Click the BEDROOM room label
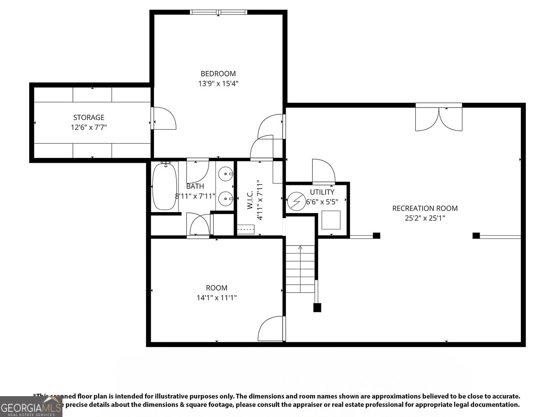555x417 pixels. coord(218,73)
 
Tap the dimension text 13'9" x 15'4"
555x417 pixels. coord(218,83)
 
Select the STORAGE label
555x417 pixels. coord(89,117)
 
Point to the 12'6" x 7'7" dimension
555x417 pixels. coord(89,127)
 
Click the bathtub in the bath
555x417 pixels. coord(164,186)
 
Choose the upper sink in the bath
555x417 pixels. coord(226,175)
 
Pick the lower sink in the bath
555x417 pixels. coord(226,198)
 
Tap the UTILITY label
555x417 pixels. coord(322,192)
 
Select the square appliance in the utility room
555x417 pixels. coord(331,220)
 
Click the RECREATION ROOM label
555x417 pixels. coord(425,208)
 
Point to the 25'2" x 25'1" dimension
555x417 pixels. coord(425,218)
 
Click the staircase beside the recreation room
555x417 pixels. coord(301,269)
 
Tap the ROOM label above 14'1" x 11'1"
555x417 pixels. coord(216,288)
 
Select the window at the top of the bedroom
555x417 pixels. coord(218,12)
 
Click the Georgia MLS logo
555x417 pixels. coord(31,407)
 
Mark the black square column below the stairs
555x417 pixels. coord(317,307)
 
